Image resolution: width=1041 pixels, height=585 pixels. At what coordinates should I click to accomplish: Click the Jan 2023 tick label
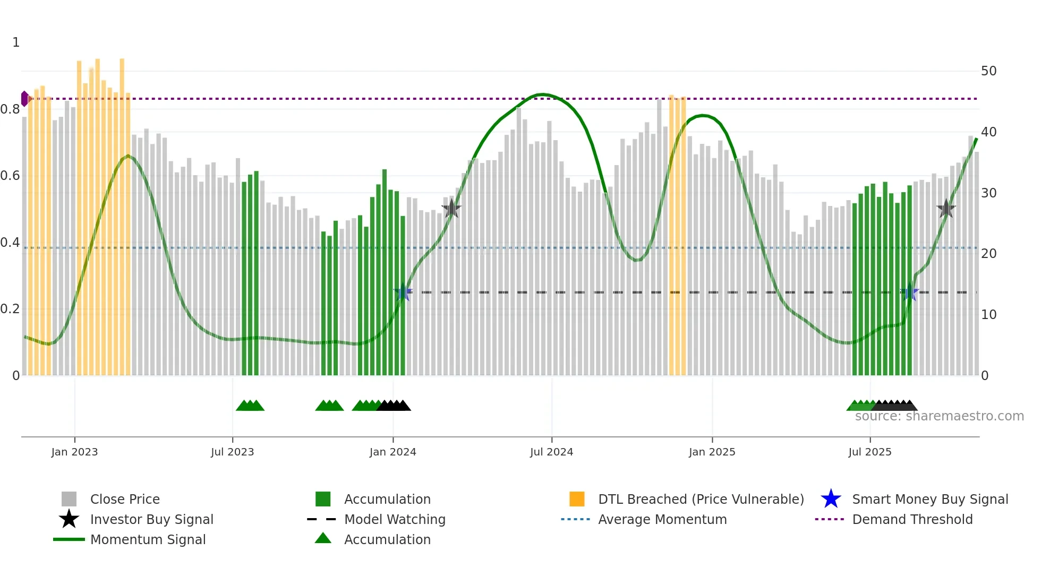point(74,452)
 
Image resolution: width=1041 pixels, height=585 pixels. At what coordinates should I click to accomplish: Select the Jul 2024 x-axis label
point(551,452)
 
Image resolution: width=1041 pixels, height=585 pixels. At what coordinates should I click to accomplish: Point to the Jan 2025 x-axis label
point(712,452)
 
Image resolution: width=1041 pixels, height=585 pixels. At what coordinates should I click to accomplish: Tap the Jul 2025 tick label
point(869,452)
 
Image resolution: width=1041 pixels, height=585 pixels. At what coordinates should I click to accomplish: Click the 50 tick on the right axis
point(988,71)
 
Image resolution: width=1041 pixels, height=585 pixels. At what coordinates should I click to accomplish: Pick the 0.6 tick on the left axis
point(10,176)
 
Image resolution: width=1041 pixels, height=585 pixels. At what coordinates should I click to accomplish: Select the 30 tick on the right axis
point(988,193)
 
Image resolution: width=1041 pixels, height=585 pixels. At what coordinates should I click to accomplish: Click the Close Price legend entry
point(125,499)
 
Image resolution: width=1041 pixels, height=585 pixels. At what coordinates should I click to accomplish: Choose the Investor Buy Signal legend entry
point(151,519)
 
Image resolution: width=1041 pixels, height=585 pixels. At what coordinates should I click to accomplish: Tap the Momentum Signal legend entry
point(148,539)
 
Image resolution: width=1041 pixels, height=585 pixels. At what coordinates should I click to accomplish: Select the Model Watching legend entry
point(395,519)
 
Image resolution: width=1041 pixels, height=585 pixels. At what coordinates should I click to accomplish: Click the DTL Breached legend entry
point(701,499)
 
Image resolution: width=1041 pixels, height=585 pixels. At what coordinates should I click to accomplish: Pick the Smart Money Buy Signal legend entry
point(929,499)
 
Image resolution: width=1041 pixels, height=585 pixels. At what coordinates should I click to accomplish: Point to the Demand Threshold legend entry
point(912,519)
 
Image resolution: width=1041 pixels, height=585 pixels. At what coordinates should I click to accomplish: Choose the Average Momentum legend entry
point(662,519)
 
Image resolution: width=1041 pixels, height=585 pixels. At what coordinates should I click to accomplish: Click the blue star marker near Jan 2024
point(403,292)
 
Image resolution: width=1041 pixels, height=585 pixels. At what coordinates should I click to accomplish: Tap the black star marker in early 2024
point(451,209)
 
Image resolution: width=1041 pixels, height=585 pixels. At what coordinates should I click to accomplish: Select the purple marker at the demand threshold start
point(24,99)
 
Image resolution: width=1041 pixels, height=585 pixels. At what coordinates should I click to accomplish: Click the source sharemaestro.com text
point(939,416)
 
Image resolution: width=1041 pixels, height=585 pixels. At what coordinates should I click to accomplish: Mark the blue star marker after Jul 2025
point(910,292)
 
